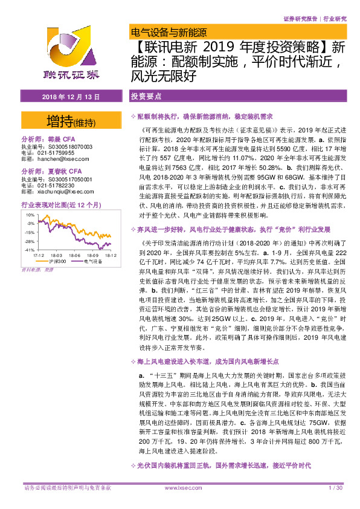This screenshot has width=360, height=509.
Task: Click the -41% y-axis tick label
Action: (29, 250)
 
